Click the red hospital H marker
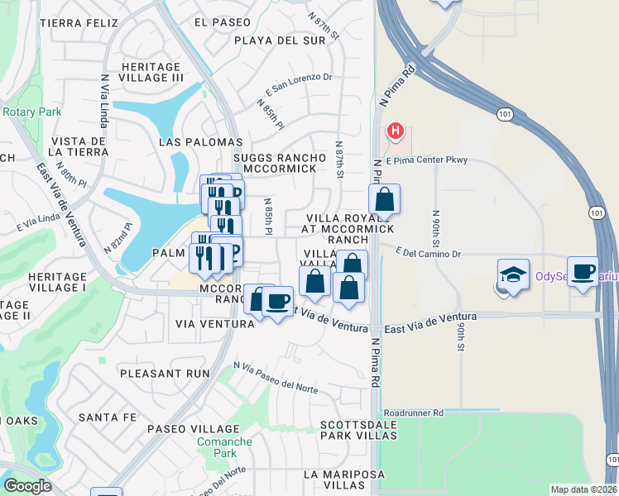[396, 131]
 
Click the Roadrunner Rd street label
[414, 412]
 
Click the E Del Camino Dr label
[428, 254]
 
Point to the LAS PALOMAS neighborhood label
[200, 142]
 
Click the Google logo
[27, 486]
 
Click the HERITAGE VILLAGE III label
[151, 72]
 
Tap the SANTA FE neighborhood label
[107, 417]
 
